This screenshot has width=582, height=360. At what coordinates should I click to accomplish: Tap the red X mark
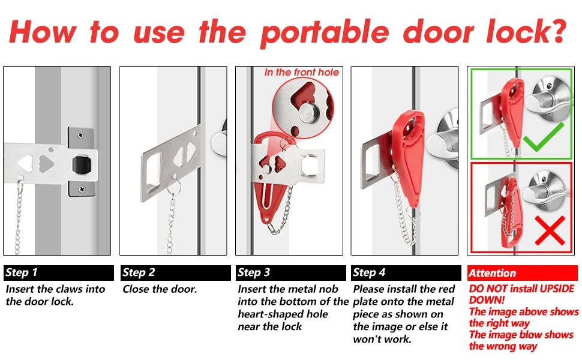click(x=550, y=230)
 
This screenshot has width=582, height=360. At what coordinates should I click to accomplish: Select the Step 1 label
click(x=22, y=272)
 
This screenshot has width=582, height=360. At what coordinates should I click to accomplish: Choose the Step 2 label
click(x=139, y=272)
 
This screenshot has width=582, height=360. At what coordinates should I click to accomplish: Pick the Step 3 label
click(x=254, y=272)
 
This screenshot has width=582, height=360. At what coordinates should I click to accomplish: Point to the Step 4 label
click(x=369, y=272)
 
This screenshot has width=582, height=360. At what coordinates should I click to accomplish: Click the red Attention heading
click(x=492, y=273)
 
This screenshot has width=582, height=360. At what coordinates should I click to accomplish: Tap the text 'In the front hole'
click(x=301, y=73)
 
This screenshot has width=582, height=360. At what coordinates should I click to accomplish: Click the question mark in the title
click(x=557, y=31)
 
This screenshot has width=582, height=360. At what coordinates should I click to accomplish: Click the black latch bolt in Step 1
click(x=81, y=165)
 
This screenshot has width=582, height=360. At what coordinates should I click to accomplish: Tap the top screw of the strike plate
click(x=80, y=135)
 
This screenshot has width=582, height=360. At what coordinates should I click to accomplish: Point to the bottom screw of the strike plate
click(x=82, y=189)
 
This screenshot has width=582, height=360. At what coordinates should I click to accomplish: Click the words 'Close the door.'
click(x=160, y=289)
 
